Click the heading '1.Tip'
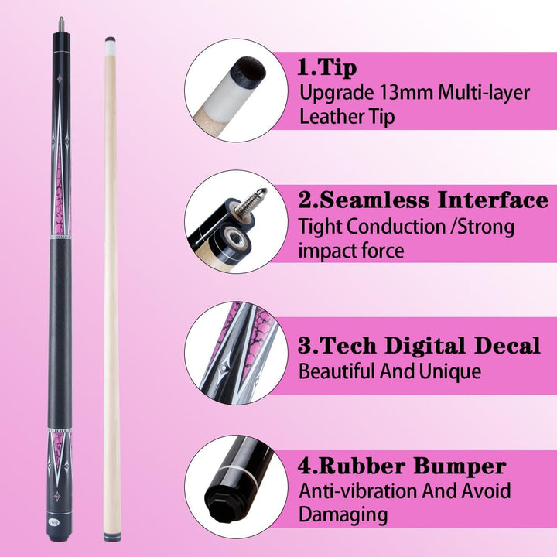(x=326, y=67)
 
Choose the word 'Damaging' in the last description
(x=343, y=514)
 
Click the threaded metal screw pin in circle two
(x=251, y=200)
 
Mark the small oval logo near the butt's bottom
(x=51, y=522)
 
